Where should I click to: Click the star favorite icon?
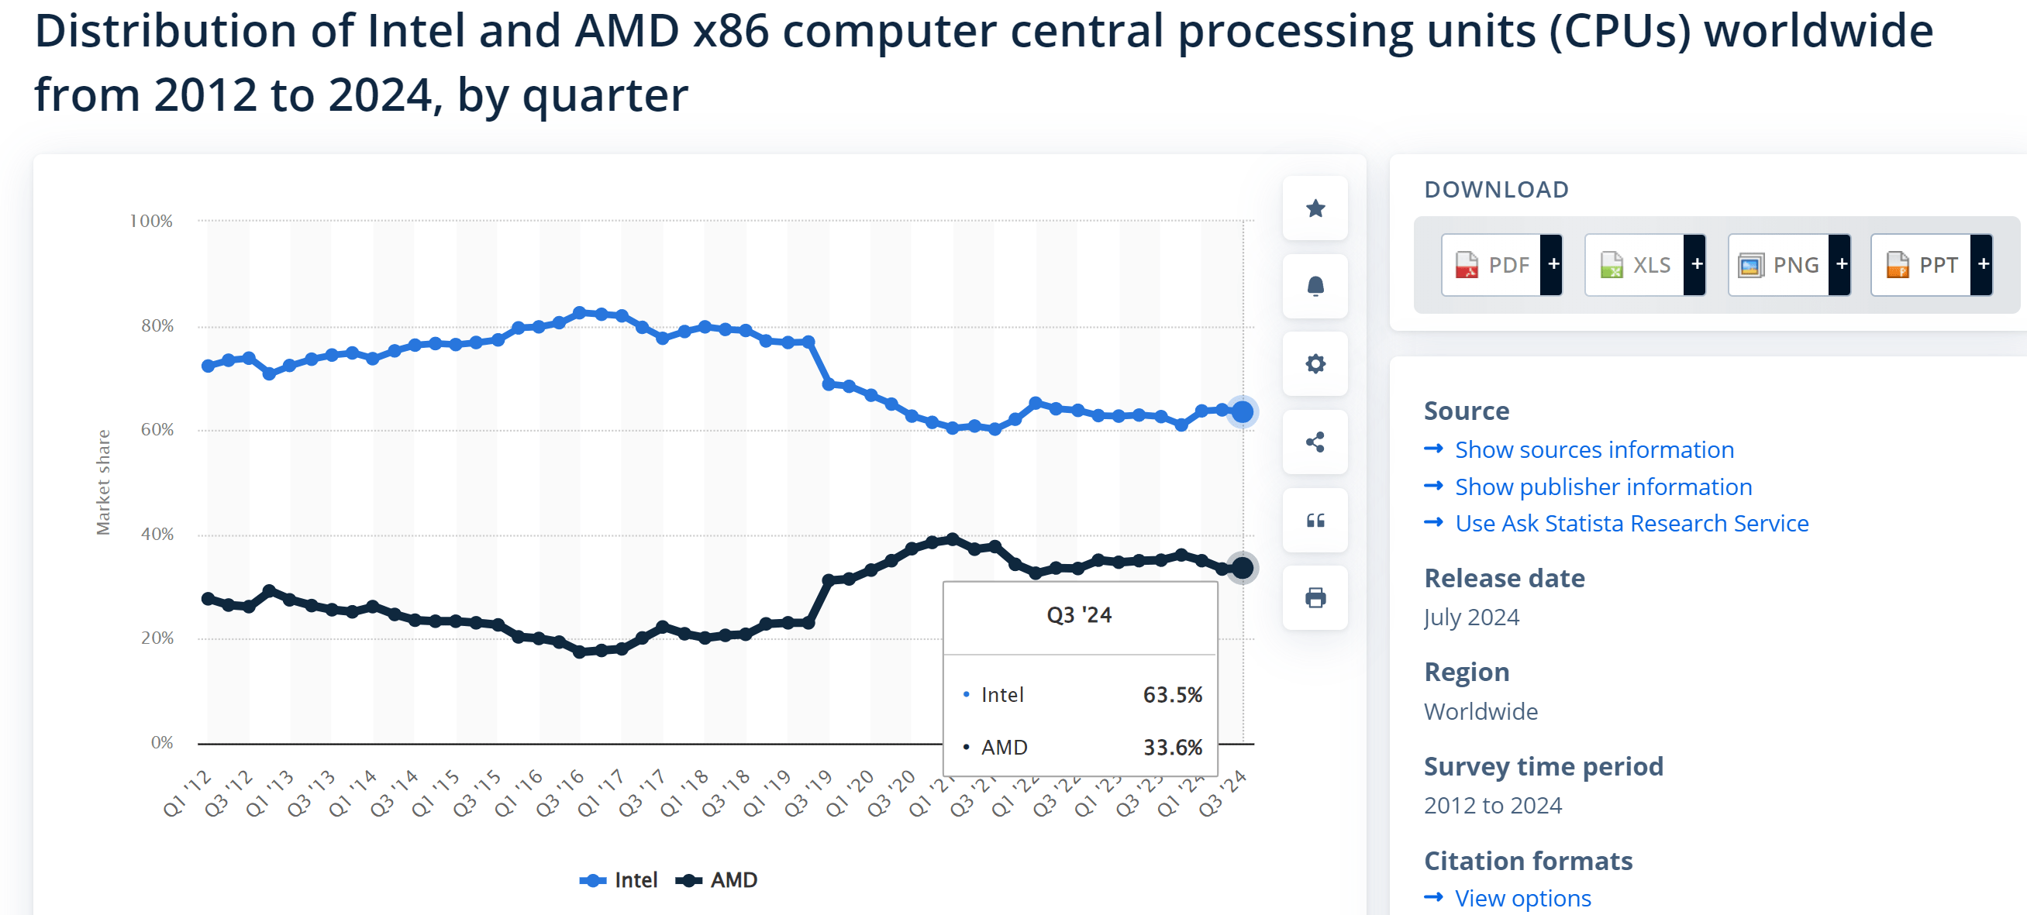(1315, 208)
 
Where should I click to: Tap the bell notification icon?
(1315, 287)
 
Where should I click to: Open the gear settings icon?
(1315, 364)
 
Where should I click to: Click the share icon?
(1315, 442)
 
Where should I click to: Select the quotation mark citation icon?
(1315, 520)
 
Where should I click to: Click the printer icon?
(1315, 598)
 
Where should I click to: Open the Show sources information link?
(1594, 449)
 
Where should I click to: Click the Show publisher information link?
(1603, 487)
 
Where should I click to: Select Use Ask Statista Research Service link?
(1631, 523)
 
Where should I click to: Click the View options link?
(1522, 898)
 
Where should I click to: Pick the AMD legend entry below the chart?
(717, 879)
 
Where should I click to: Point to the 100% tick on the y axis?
(150, 221)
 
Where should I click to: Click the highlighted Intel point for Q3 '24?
(1243, 411)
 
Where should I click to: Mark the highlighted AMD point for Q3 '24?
(1243, 567)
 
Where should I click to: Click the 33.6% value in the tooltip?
(1172, 747)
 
